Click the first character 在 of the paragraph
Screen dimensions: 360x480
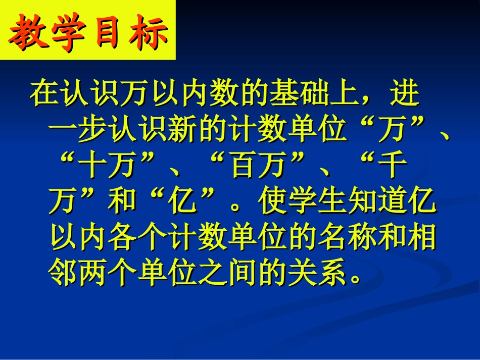tap(43, 93)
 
